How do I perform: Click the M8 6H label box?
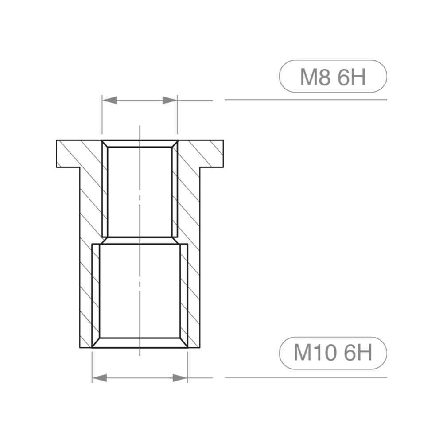(333, 76)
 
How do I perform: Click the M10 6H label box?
(333, 353)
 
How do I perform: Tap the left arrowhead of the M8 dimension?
(109, 100)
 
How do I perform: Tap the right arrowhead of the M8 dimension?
(170, 100)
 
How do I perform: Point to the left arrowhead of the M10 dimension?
(99, 378)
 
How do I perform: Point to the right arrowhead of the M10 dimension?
(180, 378)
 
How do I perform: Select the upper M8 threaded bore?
(140, 190)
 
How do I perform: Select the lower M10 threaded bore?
(140, 292)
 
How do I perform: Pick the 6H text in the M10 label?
(357, 354)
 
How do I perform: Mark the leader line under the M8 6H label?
(306, 100)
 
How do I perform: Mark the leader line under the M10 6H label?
(306, 377)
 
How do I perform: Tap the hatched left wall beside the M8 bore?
(91, 195)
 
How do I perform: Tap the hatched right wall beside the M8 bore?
(188, 195)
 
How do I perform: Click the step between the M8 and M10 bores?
(140, 240)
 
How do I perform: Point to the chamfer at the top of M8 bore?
(140, 144)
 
